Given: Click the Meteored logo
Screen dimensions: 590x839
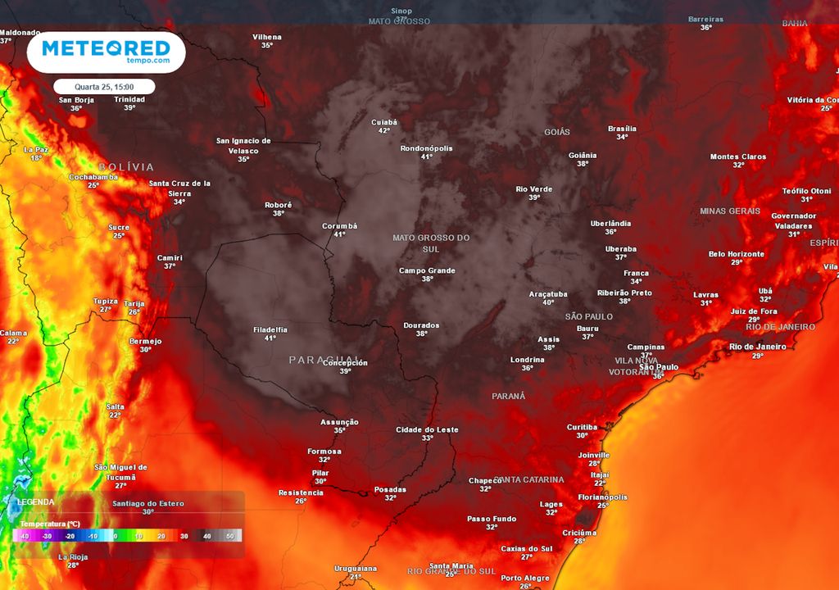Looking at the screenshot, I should [x=106, y=51].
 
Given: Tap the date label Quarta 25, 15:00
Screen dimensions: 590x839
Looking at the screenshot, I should [x=104, y=86].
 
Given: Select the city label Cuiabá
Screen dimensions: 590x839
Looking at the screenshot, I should [x=383, y=122].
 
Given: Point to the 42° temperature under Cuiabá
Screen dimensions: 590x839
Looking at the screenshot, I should [x=383, y=131].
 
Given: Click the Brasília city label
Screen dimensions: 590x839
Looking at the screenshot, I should [x=622, y=129].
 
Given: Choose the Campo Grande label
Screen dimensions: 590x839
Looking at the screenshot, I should [x=427, y=270].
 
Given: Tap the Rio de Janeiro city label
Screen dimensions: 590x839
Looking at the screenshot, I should [x=757, y=347].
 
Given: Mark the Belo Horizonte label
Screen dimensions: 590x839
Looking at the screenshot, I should [x=736, y=254].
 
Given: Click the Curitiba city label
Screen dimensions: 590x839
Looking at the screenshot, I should [x=582, y=427].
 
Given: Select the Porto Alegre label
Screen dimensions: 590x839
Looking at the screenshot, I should [x=525, y=578].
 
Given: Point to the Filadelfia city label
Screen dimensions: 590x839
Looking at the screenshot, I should [x=270, y=329].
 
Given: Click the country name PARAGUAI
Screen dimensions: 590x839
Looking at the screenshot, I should [x=324, y=360].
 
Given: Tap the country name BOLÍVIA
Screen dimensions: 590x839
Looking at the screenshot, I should [x=126, y=166].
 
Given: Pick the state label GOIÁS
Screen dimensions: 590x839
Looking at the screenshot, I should [x=556, y=132].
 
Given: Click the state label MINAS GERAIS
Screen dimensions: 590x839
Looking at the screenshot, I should [x=730, y=211].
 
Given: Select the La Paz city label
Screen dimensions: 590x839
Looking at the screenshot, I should [x=36, y=150].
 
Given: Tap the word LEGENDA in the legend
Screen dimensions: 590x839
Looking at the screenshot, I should [x=36, y=501].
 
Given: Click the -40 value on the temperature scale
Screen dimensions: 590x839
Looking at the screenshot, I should [x=25, y=536].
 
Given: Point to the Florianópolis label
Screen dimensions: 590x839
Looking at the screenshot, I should [x=602, y=497].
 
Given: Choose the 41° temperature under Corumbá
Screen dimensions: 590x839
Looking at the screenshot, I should [x=339, y=234].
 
